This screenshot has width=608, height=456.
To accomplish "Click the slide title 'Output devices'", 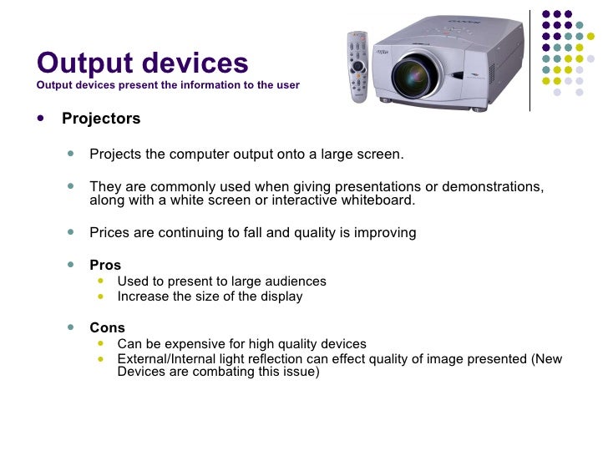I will click(x=143, y=63).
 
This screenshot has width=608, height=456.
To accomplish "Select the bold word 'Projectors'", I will click(x=101, y=119).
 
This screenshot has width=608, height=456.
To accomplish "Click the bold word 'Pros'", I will click(x=105, y=266).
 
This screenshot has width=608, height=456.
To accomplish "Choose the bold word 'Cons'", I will click(x=107, y=328).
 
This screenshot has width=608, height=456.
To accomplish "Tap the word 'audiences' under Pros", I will click(x=296, y=281).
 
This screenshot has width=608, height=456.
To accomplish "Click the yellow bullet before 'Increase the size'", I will click(x=102, y=296).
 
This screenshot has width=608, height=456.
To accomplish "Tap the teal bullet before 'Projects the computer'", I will click(x=72, y=155).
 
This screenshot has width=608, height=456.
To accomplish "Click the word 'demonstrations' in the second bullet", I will click(x=489, y=186).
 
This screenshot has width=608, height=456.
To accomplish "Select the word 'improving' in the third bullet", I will click(x=381, y=233).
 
